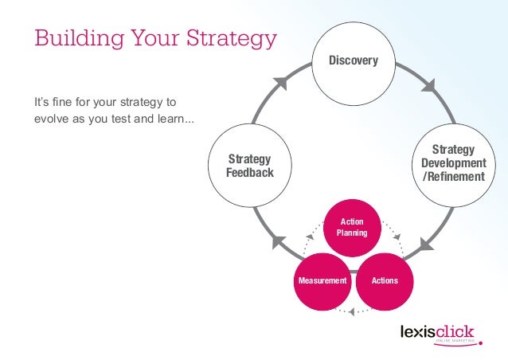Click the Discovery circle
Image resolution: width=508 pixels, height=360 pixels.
pyautogui.click(x=354, y=61)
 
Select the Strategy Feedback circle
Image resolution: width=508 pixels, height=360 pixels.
pyautogui.click(x=250, y=166)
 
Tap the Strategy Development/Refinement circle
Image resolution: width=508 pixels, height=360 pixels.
pyautogui.click(x=453, y=162)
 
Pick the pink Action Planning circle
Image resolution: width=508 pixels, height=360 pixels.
pyautogui.click(x=353, y=228)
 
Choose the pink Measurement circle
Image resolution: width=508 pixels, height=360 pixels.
pyautogui.click(x=322, y=281)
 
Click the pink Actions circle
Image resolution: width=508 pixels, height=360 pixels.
pyautogui.click(x=385, y=281)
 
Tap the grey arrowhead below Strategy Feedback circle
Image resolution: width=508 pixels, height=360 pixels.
pyautogui.click(x=279, y=241)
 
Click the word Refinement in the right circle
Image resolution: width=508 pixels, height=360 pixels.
pyautogui.click(x=455, y=176)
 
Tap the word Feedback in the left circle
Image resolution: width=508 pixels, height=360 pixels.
pyautogui.click(x=250, y=173)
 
